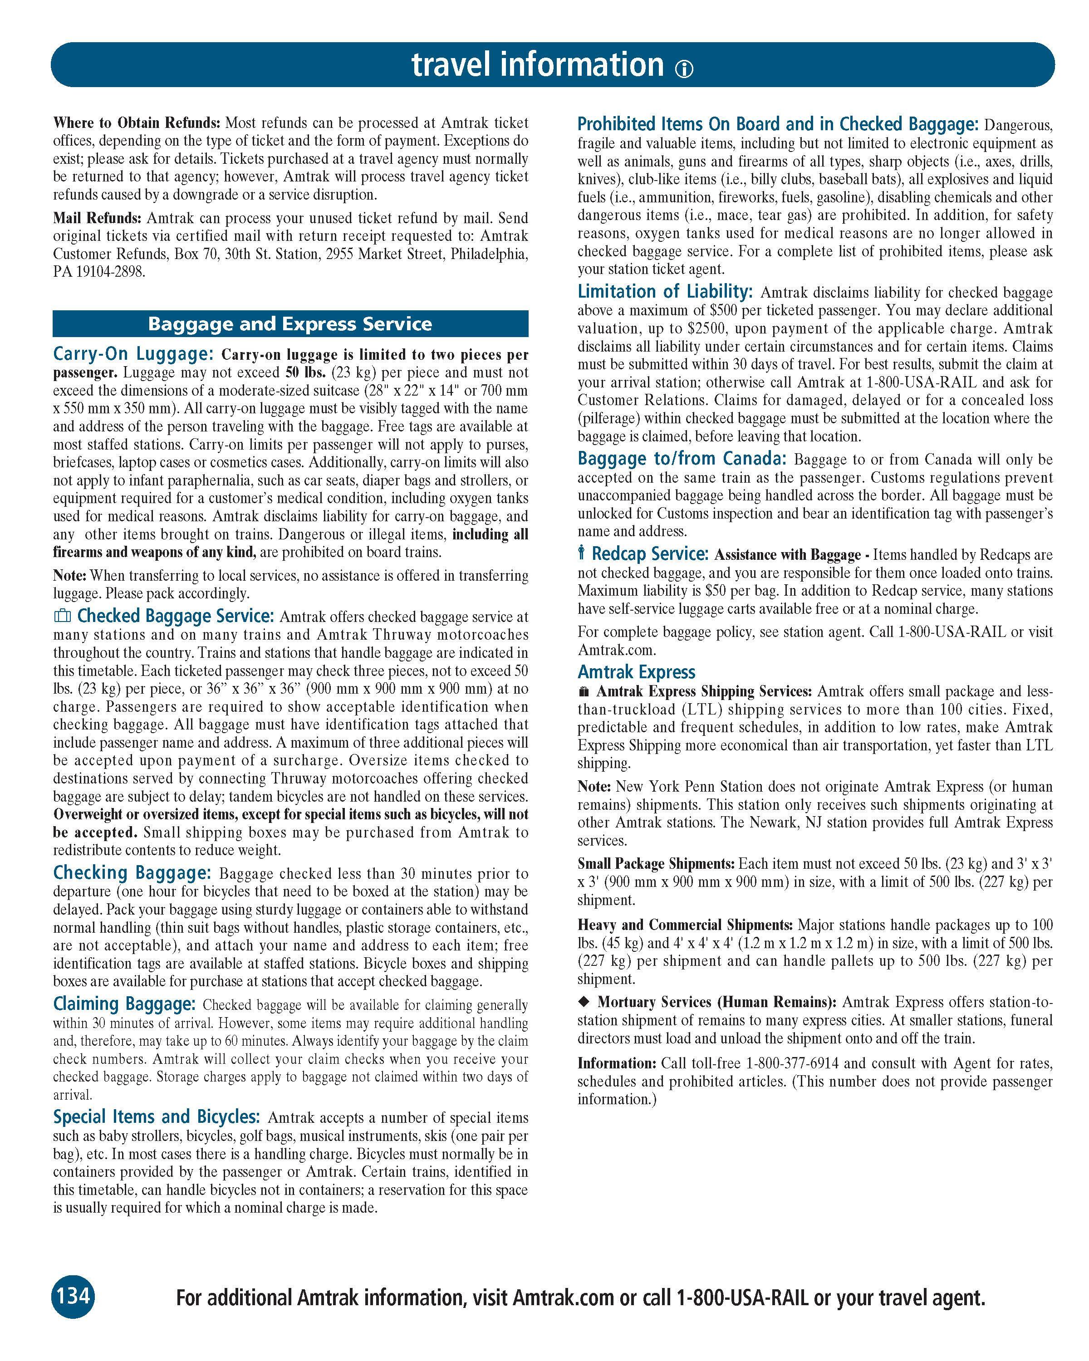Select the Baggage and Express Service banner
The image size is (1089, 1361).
coord(290,324)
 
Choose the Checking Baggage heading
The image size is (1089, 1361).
coord(131,872)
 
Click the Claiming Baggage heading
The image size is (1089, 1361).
coord(124,1004)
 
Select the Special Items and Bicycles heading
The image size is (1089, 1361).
coord(156,1117)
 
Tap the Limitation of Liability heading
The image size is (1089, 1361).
coord(665,292)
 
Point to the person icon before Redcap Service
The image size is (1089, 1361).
coord(581,553)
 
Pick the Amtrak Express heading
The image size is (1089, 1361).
coord(636,672)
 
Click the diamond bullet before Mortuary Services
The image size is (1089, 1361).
coord(584,1002)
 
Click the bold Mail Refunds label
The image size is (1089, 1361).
coord(97,218)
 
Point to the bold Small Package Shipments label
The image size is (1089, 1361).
coord(656,864)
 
